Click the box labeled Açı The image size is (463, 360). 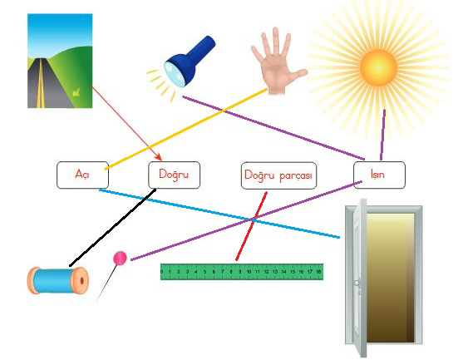82,175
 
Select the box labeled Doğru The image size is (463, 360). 174,175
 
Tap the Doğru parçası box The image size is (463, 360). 278,175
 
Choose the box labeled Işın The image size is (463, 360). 379,175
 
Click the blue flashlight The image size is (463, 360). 189,62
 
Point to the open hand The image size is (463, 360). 278,62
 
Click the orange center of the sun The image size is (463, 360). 378,67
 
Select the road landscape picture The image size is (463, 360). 60,61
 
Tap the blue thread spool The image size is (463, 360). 58,280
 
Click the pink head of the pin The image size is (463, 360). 121,258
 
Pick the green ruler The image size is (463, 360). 242,272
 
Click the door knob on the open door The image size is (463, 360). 357,283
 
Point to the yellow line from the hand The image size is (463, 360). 186,129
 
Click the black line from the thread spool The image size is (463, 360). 112,228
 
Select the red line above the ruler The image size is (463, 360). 251,226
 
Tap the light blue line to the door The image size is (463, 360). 219,214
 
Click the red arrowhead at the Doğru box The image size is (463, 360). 159,157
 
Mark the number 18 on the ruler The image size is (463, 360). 318,271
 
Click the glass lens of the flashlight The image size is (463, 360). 175,75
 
